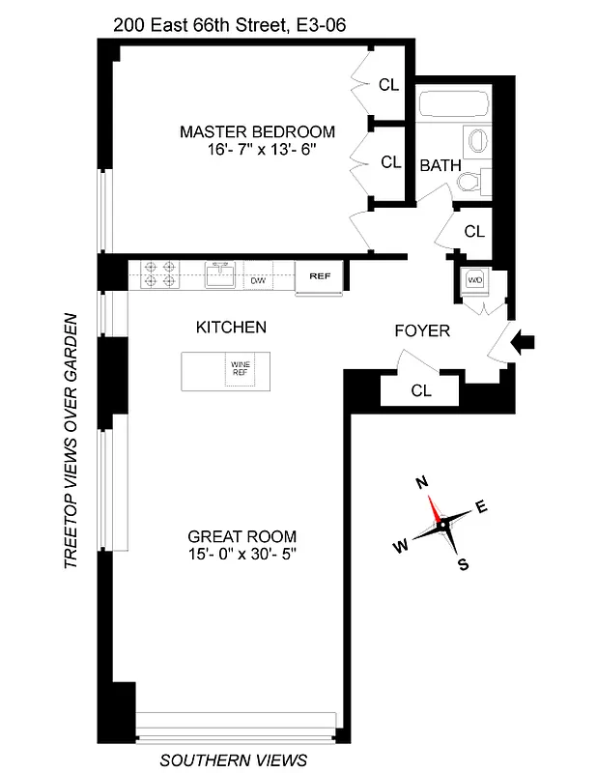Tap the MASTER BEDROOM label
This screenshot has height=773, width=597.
coord(257,131)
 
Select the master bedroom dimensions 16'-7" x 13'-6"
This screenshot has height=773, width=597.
coord(257,151)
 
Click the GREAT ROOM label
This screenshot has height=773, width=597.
coord(242,536)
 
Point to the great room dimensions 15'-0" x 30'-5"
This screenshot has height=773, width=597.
coord(242,555)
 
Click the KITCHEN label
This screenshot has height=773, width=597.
coord(231,328)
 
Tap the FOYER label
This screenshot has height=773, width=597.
coord(422,331)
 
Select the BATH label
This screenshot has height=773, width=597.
coord(439,165)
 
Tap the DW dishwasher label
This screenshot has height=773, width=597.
coord(258,281)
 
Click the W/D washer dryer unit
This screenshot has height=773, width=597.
coord(474,281)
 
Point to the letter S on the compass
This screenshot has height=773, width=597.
coord(463,565)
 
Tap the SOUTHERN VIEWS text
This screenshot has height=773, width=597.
coord(233,759)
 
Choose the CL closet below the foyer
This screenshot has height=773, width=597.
coord(420,390)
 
